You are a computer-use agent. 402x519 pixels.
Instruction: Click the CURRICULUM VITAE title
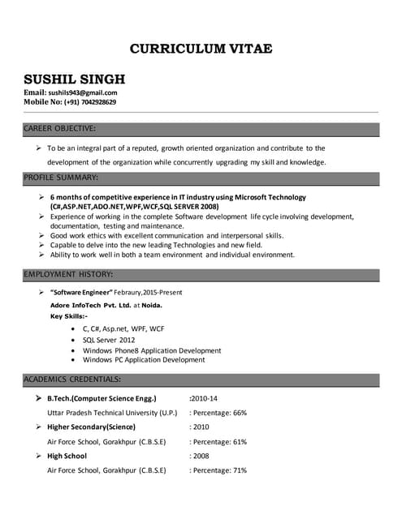click(x=201, y=49)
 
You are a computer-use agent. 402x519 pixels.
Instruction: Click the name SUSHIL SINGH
click(x=74, y=79)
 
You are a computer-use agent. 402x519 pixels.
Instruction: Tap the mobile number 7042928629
click(x=93, y=102)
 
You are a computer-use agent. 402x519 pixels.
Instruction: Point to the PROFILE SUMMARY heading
click(x=61, y=177)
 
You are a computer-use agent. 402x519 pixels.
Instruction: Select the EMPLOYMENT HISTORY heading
click(x=68, y=274)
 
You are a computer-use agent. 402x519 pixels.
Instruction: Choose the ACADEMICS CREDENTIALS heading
click(x=73, y=379)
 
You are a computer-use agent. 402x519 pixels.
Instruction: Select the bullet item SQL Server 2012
click(x=109, y=340)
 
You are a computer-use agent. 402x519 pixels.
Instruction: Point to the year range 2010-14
click(x=203, y=399)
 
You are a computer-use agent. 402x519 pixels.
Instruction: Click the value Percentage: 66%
click(x=218, y=413)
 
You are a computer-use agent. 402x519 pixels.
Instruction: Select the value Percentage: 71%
click(x=218, y=470)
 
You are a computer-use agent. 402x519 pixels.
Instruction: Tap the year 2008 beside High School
click(x=200, y=456)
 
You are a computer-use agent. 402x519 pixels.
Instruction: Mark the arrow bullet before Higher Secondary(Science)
click(x=38, y=427)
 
